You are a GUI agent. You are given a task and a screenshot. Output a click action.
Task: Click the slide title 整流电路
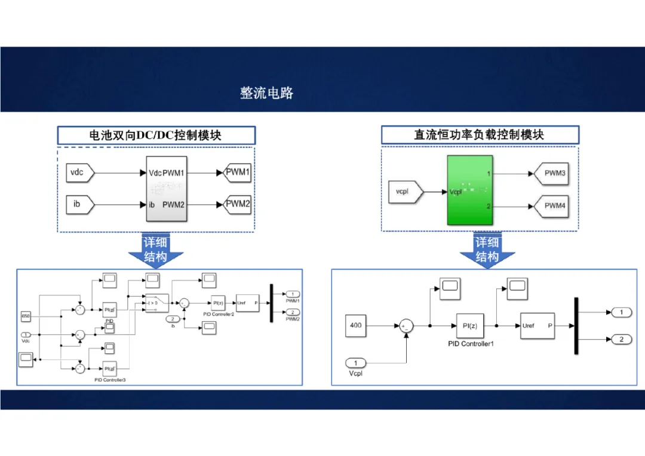tap(266, 93)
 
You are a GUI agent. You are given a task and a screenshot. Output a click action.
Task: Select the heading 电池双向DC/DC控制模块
tap(155, 135)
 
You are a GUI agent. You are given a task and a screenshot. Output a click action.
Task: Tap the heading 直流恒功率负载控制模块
tap(480, 135)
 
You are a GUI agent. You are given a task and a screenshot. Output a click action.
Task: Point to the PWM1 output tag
tap(236, 173)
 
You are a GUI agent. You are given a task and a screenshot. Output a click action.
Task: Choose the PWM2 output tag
tap(236, 204)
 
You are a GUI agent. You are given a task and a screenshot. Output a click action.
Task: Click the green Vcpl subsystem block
tap(470, 190)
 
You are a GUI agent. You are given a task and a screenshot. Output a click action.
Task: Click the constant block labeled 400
tap(356, 326)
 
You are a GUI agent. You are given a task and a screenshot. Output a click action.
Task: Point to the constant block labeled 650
tap(26, 315)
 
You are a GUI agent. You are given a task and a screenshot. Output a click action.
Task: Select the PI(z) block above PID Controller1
tap(469, 326)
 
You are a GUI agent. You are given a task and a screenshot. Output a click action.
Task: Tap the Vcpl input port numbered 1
tap(356, 363)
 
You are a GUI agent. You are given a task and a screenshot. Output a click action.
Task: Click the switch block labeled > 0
tap(156, 303)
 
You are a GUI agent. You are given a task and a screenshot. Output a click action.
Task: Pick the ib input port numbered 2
tap(171, 319)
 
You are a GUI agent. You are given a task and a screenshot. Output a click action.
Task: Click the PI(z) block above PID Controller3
tap(109, 368)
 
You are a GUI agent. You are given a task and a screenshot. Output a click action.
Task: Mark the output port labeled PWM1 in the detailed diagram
tap(292, 294)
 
